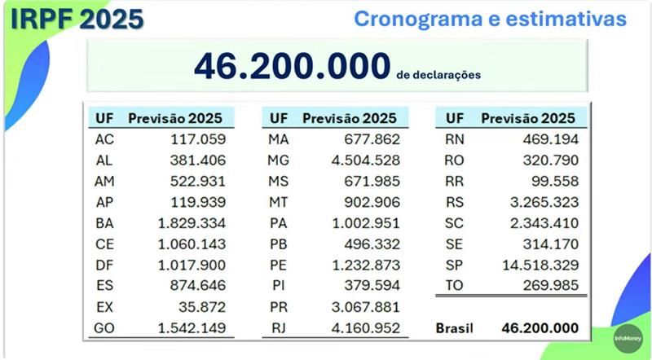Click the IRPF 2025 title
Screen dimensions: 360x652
pos(77,19)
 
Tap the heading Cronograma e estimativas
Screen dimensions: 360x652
pos(490,19)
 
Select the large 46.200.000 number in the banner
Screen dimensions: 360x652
pos(292,68)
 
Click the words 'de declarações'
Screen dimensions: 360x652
pos(438,75)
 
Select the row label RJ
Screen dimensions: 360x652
pos(278,328)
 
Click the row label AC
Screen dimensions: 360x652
pos(104,138)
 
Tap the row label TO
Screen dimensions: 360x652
pos(454,285)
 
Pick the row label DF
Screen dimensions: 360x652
pos(104,265)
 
